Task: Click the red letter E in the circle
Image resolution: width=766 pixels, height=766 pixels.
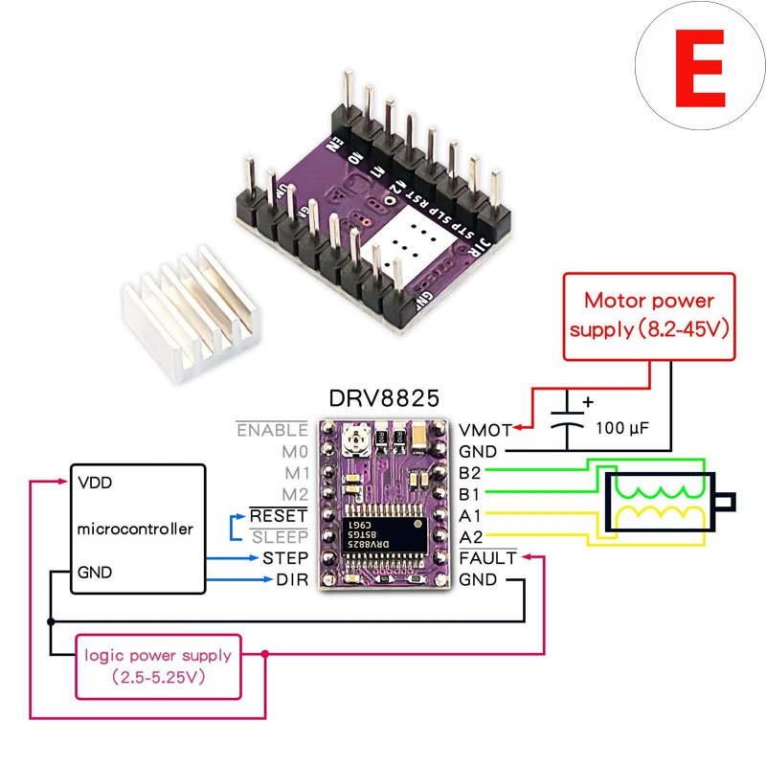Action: click(x=699, y=69)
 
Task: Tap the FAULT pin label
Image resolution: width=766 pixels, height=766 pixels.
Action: click(x=487, y=557)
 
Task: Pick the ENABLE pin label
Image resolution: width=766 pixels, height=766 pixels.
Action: click(x=272, y=430)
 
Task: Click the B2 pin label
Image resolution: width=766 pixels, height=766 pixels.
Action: click(x=469, y=472)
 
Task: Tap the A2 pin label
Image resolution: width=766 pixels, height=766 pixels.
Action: click(x=469, y=536)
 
